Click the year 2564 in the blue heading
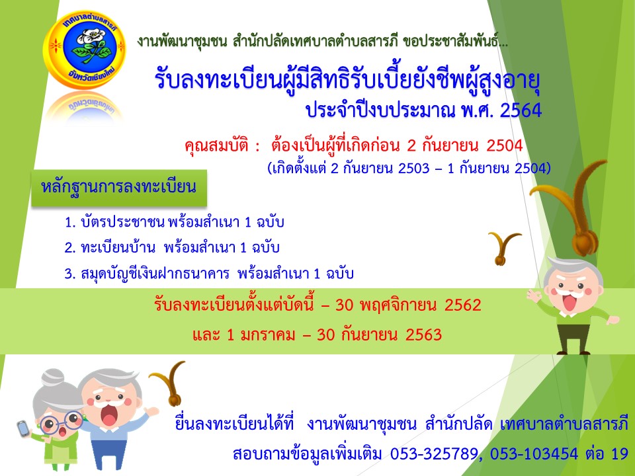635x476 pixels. [521, 110]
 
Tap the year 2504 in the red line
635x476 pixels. [504, 145]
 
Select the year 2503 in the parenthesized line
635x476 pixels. [413, 168]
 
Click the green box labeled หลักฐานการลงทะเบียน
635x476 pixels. [119, 187]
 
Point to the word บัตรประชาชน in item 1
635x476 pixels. [122, 222]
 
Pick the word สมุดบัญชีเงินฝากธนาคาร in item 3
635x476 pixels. [155, 274]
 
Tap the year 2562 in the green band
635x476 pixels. [462, 305]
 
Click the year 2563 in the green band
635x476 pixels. [423, 335]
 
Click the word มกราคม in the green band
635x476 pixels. [267, 335]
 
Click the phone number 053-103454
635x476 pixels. [534, 454]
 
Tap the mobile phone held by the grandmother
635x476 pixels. [23, 428]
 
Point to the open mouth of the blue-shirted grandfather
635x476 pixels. [109, 415]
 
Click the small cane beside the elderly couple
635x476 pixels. [169, 383]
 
